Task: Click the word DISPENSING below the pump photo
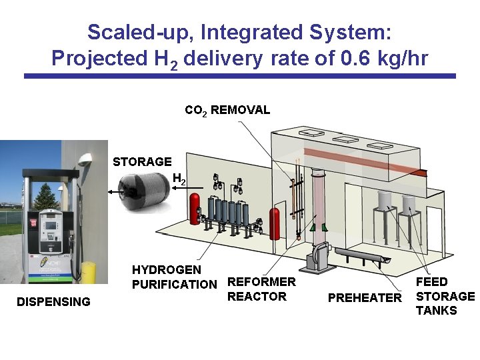(x=53, y=301)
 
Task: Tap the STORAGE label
(x=142, y=161)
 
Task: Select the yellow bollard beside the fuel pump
(x=88, y=273)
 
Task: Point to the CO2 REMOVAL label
(x=227, y=110)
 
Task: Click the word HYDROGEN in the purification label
(x=166, y=270)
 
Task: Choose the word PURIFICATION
(x=175, y=285)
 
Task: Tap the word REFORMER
(x=261, y=282)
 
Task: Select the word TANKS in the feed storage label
(x=437, y=311)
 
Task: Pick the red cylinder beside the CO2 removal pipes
(x=273, y=221)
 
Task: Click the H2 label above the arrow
(x=179, y=179)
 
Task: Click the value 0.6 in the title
(x=353, y=59)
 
